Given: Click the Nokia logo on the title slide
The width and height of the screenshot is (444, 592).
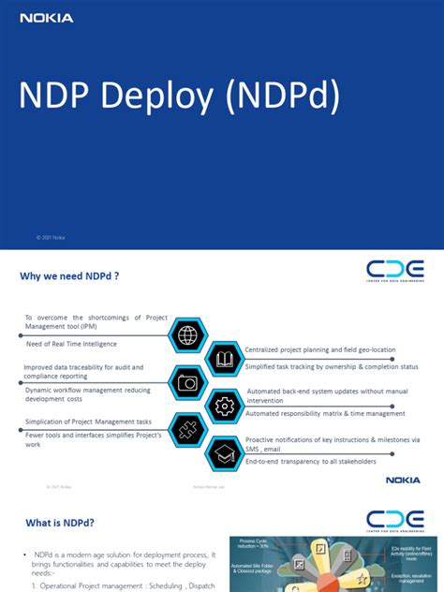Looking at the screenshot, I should tap(46, 18).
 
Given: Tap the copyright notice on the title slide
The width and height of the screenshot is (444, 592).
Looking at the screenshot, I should tap(51, 238).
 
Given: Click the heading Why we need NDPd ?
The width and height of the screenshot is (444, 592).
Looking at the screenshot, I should tap(69, 276).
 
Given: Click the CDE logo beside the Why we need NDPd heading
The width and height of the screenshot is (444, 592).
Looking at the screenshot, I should tap(394, 272).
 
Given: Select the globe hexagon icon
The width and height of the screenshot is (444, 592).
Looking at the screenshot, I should tap(186, 334).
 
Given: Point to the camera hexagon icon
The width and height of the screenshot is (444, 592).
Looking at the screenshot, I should tap(186, 382).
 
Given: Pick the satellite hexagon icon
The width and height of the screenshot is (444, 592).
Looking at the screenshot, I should tap(186, 429).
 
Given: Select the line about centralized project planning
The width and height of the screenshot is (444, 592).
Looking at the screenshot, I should tap(319, 349).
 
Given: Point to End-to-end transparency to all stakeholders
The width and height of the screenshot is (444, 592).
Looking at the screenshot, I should tap(310, 462).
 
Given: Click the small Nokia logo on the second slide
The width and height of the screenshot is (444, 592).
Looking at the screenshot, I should tap(403, 480).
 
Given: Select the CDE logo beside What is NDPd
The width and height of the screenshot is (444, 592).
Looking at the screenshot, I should tap(394, 519).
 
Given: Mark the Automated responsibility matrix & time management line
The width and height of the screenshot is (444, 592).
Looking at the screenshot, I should tap(325, 413).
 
